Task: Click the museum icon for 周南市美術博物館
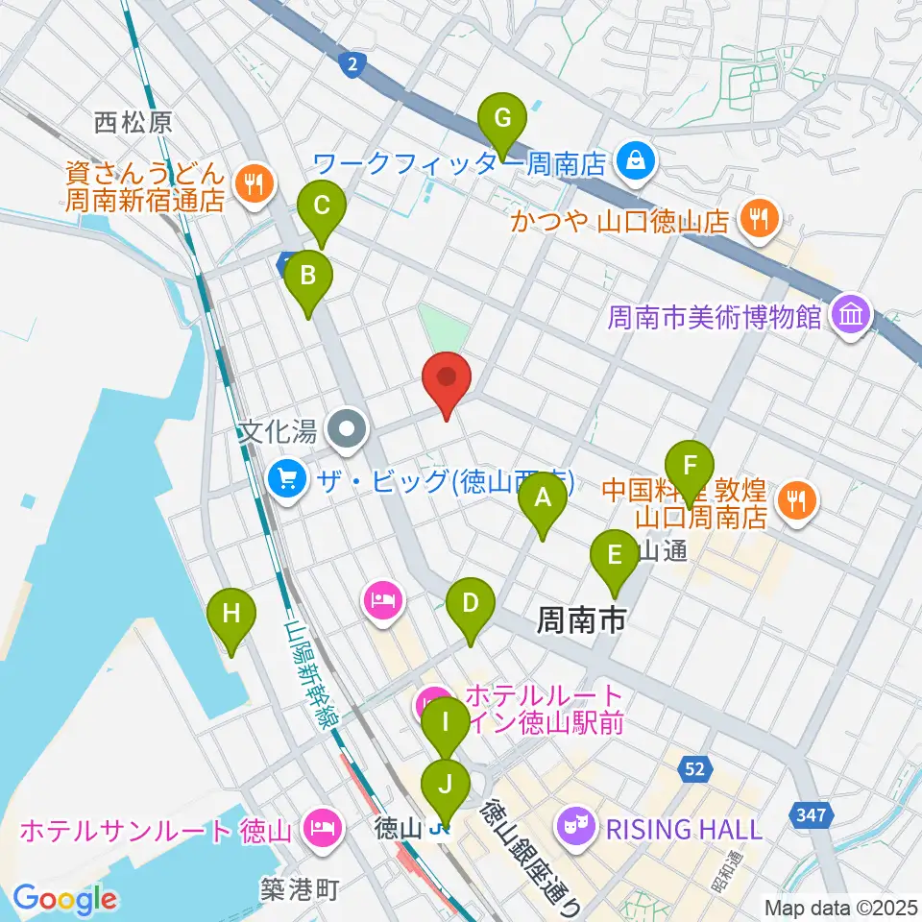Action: pos(851,315)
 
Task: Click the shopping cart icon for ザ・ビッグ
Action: pos(287,475)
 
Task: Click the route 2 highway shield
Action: pos(353,64)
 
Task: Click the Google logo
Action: pos(64,899)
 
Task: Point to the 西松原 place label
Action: pos(133,121)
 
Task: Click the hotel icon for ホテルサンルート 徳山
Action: pos(320,826)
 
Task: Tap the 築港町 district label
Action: pos(301,890)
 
